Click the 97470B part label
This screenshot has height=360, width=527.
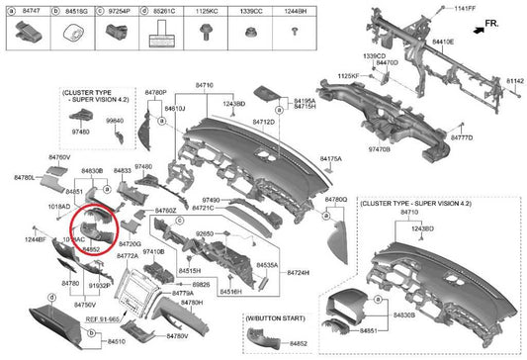pos(380,148)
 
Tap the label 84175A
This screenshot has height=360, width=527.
pos(331,158)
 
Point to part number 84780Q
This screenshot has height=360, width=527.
pos(336,199)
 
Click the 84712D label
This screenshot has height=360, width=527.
pos(263,122)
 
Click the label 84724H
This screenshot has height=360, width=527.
pos(299,272)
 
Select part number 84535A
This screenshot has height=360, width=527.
pos(268,266)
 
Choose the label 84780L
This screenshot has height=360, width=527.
pos(23,177)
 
